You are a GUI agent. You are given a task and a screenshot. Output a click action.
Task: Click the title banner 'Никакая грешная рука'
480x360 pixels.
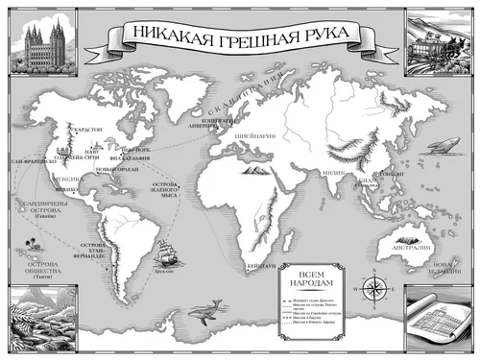pos(239,37)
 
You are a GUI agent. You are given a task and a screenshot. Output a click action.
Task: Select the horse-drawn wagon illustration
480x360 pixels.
pos(441,40)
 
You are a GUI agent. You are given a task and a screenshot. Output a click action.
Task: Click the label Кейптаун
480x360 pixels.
pos(261,265)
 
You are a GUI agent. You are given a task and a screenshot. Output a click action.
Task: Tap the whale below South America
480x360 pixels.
pos(204,310)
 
